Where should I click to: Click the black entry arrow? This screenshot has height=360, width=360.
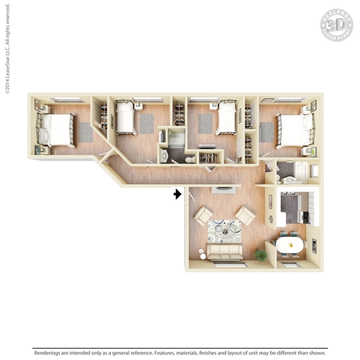[x=178, y=194]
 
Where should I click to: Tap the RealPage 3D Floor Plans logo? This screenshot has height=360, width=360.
[x=337, y=25]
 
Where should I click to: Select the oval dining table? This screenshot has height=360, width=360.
[x=290, y=245]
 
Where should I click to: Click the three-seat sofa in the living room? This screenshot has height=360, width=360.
[x=225, y=252]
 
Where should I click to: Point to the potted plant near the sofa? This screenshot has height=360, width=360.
[x=261, y=255]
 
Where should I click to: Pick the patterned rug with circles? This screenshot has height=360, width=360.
[x=224, y=231]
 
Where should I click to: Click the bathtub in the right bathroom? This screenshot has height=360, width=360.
[x=302, y=172]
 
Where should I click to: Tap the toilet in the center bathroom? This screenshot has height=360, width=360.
[x=191, y=159]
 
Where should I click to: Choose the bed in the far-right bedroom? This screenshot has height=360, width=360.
[x=295, y=130]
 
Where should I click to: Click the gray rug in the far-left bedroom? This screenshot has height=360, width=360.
[x=86, y=132]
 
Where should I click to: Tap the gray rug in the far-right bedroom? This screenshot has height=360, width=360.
[x=267, y=132]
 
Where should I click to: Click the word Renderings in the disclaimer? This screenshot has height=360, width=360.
[x=47, y=353]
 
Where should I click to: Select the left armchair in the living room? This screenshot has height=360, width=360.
[x=203, y=215]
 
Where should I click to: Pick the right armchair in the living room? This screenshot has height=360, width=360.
[x=245, y=215]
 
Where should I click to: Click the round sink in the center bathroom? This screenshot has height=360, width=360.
[x=164, y=156]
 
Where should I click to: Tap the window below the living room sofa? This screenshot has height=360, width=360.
[x=230, y=265]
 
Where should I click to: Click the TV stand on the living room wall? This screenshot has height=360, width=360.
[x=224, y=190]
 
